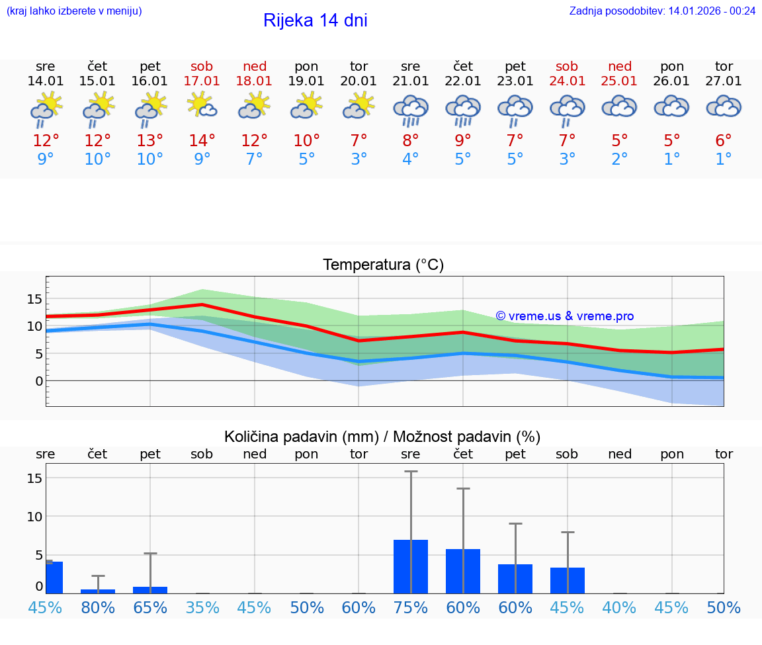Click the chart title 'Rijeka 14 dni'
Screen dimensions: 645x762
(x=315, y=21)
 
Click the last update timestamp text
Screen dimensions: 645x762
(x=662, y=11)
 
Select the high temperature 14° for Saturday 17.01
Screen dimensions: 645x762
(x=202, y=140)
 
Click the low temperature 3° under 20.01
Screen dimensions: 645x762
(x=359, y=159)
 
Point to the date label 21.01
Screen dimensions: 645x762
(x=411, y=81)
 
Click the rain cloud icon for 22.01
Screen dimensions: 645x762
(x=463, y=108)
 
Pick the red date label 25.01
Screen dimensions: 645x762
(x=619, y=81)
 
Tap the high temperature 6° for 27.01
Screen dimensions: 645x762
(x=724, y=140)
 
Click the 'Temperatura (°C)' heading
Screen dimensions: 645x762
(x=383, y=265)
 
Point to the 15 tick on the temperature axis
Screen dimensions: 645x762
(x=34, y=299)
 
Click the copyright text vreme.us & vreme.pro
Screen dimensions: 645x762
(x=565, y=316)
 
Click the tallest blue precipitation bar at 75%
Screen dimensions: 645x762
(x=411, y=566)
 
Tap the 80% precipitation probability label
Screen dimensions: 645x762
(x=98, y=607)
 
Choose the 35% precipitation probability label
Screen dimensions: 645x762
(x=202, y=607)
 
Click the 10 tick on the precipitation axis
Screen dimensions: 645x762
(x=34, y=516)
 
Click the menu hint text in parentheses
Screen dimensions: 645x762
(x=74, y=11)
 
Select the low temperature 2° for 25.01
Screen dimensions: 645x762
(x=619, y=159)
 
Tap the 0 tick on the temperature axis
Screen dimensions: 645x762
(x=39, y=381)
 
